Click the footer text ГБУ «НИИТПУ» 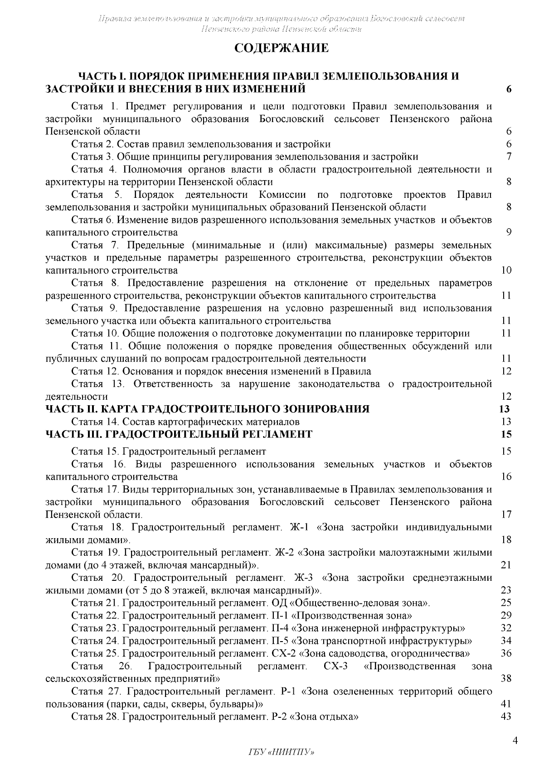point(282,752)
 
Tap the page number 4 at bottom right point(515,741)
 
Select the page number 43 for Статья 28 point(506,716)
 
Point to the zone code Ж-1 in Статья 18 point(299,527)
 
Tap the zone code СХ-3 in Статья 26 point(336,666)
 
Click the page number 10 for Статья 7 point(506,270)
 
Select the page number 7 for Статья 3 point(509,157)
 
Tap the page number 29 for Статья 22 point(506,615)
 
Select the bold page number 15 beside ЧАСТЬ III point(506,435)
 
